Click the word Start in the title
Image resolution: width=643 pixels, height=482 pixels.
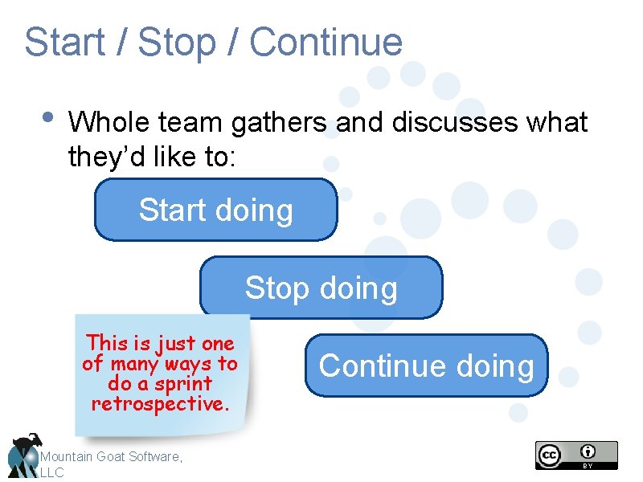(x=63, y=43)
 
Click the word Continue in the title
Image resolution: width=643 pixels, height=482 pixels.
(x=326, y=43)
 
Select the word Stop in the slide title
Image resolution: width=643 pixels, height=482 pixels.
(x=177, y=43)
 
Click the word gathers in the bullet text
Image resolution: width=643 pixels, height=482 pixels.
(x=279, y=123)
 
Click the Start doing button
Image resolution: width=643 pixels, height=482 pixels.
(x=215, y=210)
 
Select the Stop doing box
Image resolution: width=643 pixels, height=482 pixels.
(x=321, y=288)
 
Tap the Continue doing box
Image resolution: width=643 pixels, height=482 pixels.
(x=426, y=366)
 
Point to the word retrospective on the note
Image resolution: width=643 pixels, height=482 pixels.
(x=161, y=403)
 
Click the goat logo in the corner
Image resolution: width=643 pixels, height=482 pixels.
(x=22, y=455)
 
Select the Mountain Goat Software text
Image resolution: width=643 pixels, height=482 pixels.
(x=111, y=456)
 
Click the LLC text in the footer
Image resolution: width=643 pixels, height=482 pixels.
(x=51, y=473)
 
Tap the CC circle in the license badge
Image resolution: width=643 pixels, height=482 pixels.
(x=549, y=455)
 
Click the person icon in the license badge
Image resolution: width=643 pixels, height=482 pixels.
(x=589, y=451)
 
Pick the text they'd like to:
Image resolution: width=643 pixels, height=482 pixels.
(x=152, y=157)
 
